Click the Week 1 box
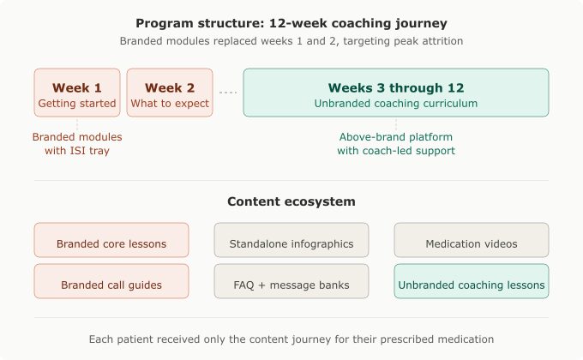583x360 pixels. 77,93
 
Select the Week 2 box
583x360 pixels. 170,93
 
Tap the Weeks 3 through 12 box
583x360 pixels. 395,93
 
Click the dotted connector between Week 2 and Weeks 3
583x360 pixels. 227,93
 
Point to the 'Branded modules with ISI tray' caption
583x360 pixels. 77,144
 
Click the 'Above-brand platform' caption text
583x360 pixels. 395,137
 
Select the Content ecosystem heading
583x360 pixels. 291,202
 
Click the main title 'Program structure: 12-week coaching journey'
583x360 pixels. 291,22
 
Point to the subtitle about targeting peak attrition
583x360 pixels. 291,41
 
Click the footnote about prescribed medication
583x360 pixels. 291,339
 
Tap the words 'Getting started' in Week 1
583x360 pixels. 77,104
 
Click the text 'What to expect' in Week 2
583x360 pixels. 170,104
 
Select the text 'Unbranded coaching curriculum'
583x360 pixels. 395,104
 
